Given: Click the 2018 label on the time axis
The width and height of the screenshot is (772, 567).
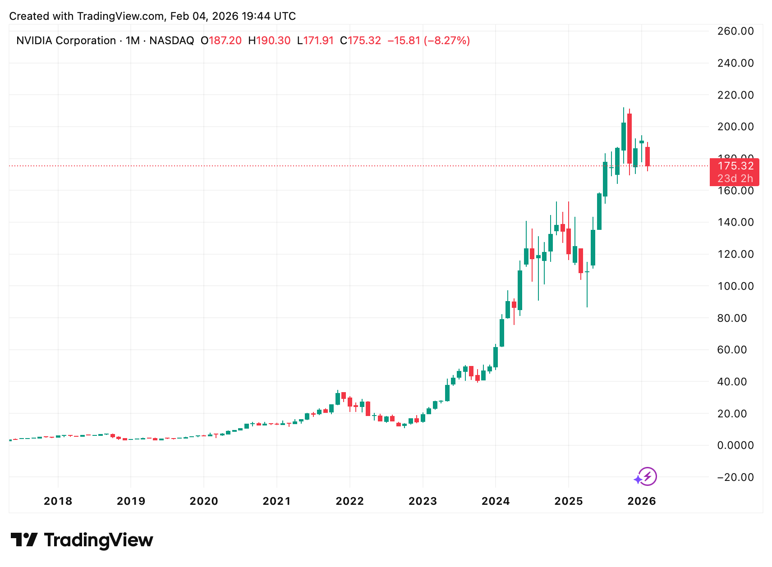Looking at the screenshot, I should coord(58,501).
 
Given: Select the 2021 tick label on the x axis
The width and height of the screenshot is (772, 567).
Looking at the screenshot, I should coord(276,501).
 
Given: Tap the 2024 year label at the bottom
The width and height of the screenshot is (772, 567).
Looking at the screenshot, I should coord(495,501).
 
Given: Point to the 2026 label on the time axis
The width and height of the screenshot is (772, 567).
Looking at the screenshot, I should coord(641,501).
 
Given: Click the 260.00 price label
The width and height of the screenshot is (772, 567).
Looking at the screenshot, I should coord(735,31).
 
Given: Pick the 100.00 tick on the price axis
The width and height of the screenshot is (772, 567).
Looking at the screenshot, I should coord(735,286).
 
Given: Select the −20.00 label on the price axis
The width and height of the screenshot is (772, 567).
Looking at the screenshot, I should coord(735,477).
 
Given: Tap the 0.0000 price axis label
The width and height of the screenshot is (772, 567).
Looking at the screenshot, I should coord(735,445).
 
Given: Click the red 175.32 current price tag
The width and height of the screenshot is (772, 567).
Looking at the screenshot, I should coord(735,166).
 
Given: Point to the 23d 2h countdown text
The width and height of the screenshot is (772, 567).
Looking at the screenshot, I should coord(735,178).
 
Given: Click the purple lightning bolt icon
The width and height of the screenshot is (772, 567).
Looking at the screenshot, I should coord(647,476).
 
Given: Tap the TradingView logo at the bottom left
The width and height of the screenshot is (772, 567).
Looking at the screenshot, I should coord(82,540).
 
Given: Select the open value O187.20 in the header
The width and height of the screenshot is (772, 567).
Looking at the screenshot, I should coord(221,41).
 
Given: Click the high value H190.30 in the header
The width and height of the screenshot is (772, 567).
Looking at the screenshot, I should coord(269,41).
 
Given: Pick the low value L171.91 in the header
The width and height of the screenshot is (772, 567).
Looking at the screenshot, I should coord(315,41).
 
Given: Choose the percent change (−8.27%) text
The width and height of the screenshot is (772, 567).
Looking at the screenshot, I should coord(446,41).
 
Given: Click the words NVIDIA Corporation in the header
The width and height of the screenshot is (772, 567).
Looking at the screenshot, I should coord(66,41).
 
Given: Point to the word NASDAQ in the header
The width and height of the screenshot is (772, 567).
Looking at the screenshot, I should coord(171,41).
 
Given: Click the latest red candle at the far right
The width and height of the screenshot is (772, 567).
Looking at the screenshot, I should coord(648,156).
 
